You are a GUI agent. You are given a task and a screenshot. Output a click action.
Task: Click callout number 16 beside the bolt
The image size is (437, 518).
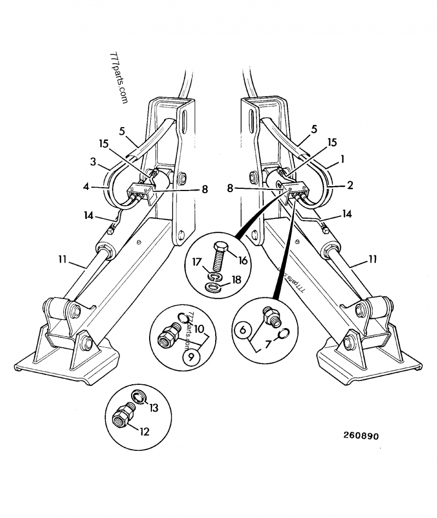[x=243, y=260]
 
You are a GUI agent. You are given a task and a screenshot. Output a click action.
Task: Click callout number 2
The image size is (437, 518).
[x=349, y=185]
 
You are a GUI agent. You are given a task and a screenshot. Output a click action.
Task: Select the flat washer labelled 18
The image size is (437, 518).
[x=215, y=287]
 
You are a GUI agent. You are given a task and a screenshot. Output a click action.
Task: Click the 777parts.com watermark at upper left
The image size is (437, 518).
[x=119, y=78]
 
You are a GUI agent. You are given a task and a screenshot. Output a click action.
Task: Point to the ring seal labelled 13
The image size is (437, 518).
[x=139, y=398]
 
